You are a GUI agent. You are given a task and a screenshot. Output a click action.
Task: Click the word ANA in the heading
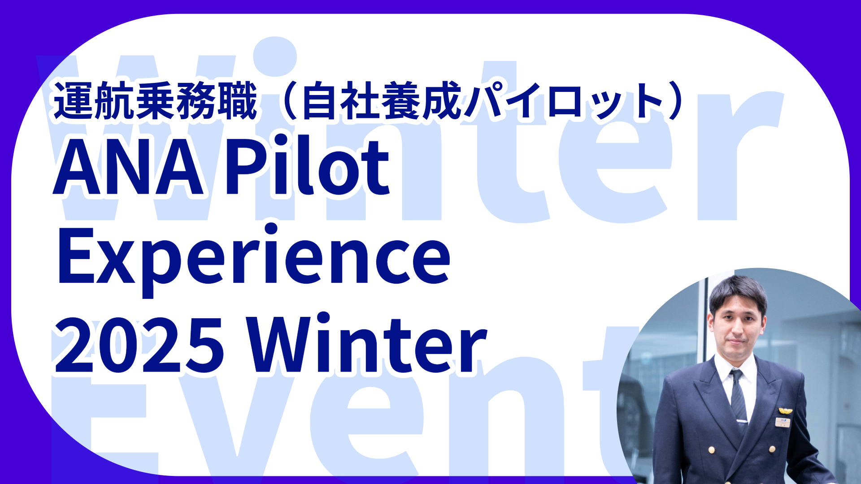(129, 167)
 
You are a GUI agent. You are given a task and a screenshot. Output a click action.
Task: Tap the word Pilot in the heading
(307, 164)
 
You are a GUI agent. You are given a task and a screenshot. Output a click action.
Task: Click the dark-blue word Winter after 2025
(368, 343)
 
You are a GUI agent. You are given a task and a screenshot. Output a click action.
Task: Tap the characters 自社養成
(382, 101)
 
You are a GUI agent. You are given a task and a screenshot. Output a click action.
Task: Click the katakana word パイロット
(563, 101)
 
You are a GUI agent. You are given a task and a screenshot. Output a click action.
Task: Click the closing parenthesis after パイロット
(675, 101)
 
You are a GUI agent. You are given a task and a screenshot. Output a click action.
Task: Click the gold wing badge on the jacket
(785, 411)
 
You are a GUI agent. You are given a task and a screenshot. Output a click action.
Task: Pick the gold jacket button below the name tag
(772, 449)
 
